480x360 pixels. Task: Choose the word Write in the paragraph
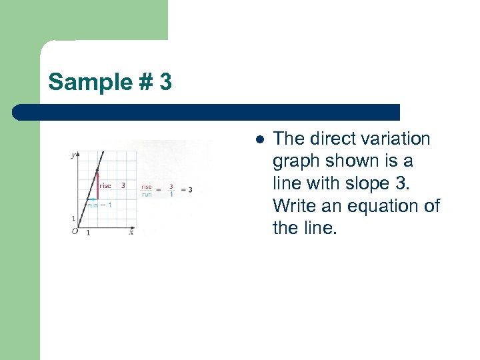tap(294, 206)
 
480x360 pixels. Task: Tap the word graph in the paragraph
tap(297, 162)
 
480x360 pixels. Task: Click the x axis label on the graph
tap(131, 232)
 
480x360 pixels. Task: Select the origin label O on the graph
tap(74, 231)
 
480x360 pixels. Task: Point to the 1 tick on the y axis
tap(73, 219)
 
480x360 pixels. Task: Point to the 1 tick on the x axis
tap(88, 233)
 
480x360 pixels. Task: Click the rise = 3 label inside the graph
tap(112, 186)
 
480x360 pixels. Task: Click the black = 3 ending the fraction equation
tap(187, 190)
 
